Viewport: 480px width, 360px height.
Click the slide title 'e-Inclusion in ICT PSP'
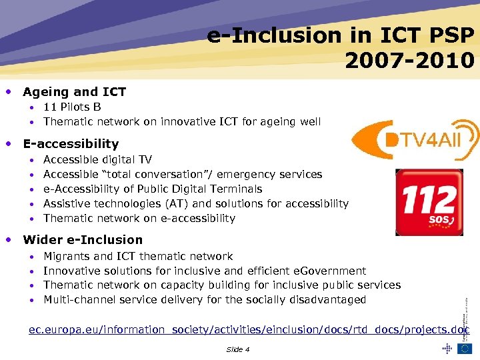[x=341, y=35]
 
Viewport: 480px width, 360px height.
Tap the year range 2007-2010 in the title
[x=409, y=61]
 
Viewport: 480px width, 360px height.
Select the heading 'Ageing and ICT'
[x=74, y=92]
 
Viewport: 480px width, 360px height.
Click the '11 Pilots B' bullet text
[x=72, y=107]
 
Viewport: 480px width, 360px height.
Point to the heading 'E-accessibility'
[x=71, y=143]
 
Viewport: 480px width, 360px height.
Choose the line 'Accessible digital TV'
[x=97, y=159]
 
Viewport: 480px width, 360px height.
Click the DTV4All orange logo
[x=414, y=141]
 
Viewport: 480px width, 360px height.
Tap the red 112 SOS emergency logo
[x=429, y=202]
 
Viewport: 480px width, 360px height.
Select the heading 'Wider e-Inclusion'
[x=83, y=239]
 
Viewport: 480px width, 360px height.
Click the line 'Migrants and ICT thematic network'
[x=138, y=256]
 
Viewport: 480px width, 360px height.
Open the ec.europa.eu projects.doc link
[x=249, y=330]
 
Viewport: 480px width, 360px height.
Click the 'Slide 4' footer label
[x=238, y=349]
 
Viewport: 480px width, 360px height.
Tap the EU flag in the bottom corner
[x=464, y=348]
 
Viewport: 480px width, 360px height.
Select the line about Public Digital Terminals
[x=153, y=189]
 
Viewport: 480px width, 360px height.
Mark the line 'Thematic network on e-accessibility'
[x=139, y=218]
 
